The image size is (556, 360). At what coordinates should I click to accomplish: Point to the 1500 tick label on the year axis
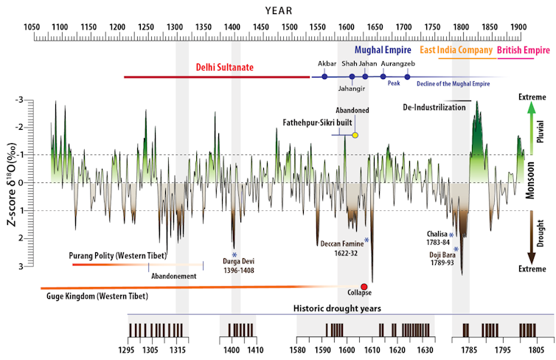pyautogui.click(x=289, y=27)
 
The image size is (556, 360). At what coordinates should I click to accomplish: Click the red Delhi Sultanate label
pyautogui.click(x=225, y=67)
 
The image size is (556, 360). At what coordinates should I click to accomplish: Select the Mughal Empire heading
pyautogui.click(x=382, y=51)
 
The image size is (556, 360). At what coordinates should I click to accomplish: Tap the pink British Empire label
pyautogui.click(x=524, y=51)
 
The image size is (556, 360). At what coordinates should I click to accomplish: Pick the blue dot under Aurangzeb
pyautogui.click(x=407, y=77)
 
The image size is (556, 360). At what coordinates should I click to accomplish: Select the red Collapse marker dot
pyautogui.click(x=364, y=286)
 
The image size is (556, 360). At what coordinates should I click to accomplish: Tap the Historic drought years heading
pyautogui.click(x=341, y=308)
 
